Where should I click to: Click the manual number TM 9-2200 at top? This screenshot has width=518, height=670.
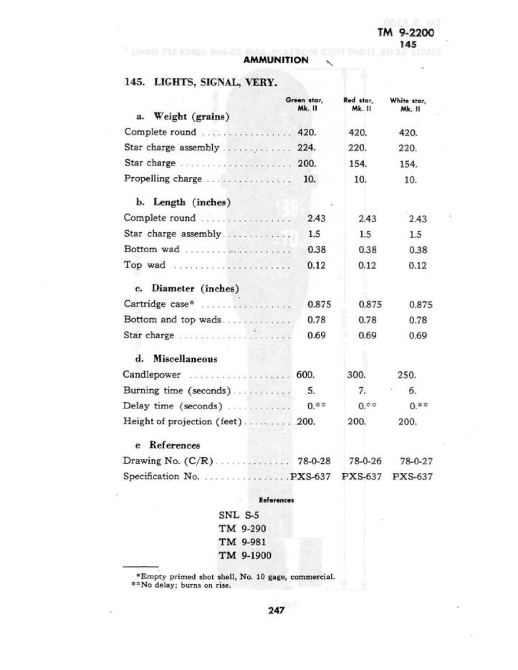click(x=405, y=32)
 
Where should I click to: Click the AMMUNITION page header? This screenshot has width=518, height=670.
click(x=275, y=60)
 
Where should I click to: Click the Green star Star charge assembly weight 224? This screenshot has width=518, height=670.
click(x=307, y=148)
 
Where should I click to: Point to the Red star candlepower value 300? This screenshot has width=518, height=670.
click(x=357, y=375)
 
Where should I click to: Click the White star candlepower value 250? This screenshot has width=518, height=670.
click(x=407, y=375)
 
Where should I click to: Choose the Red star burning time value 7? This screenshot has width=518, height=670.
click(x=361, y=391)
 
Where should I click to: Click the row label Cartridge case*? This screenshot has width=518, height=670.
click(x=160, y=304)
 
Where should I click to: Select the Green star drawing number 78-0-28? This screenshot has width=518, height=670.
click(x=314, y=461)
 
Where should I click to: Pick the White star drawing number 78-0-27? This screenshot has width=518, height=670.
click(x=416, y=461)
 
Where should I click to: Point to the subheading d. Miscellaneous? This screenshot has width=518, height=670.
click(x=176, y=359)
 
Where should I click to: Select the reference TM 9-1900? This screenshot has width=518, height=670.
click(x=245, y=555)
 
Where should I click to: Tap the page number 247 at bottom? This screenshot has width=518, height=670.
click(x=277, y=611)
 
